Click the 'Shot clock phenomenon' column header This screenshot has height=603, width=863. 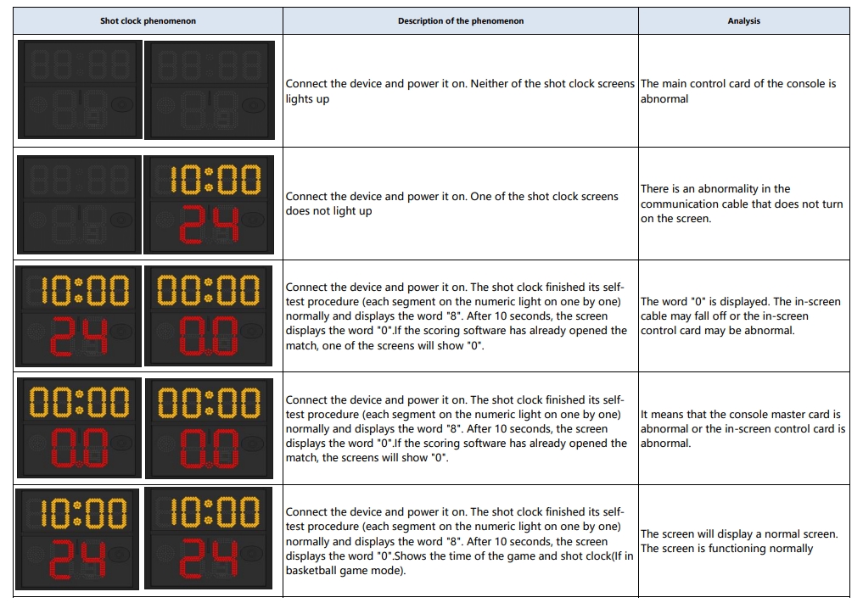coord(148,21)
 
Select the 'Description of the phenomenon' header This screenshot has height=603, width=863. coord(461,21)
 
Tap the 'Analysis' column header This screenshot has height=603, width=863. coord(743,21)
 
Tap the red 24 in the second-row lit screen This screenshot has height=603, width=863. coord(208,226)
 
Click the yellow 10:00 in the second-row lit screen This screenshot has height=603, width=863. coord(208,180)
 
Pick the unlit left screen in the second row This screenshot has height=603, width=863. coord(79,204)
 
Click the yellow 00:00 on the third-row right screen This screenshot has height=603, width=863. coord(209,291)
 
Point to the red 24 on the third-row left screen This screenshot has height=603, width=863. coord(78,337)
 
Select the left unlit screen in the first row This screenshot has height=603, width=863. coord(79,89)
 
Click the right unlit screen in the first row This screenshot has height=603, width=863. coord(209,89)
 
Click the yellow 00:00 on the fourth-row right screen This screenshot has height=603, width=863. coord(209,402)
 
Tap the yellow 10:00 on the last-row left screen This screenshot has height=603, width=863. coord(78,512)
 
